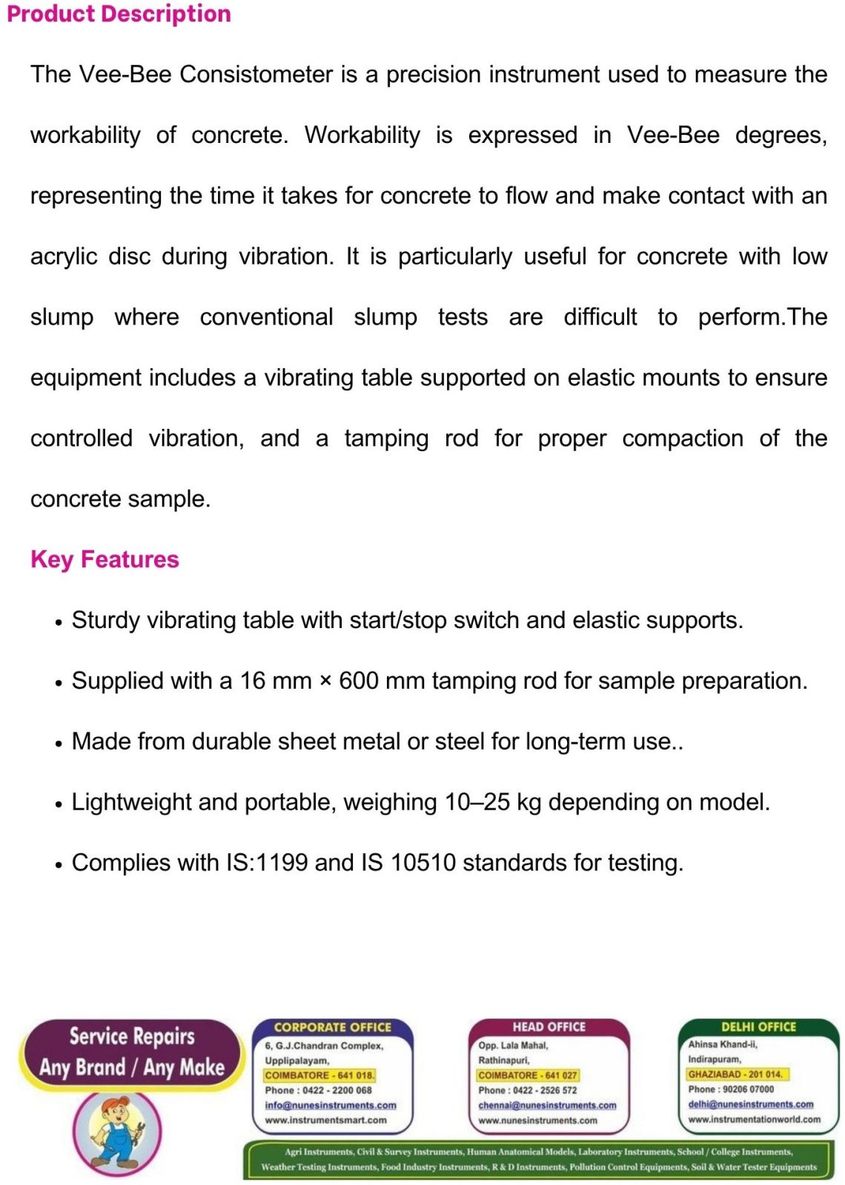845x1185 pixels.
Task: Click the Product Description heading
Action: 119,14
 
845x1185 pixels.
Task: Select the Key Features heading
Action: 105,559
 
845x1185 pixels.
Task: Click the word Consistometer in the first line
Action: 256,74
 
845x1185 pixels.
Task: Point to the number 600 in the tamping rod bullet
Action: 359,681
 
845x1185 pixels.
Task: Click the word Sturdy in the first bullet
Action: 106,620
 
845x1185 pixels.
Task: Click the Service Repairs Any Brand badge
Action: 132,1052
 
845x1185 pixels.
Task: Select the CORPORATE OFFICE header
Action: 332,1027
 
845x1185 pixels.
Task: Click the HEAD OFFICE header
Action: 549,1027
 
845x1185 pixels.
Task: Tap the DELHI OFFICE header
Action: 758,1027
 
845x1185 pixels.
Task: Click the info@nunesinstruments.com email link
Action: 331,1105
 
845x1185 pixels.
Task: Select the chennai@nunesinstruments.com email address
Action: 547,1105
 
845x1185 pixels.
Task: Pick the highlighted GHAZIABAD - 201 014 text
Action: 735,1074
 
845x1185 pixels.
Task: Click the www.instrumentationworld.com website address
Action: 755,1119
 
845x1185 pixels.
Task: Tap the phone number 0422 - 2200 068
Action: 337,1090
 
